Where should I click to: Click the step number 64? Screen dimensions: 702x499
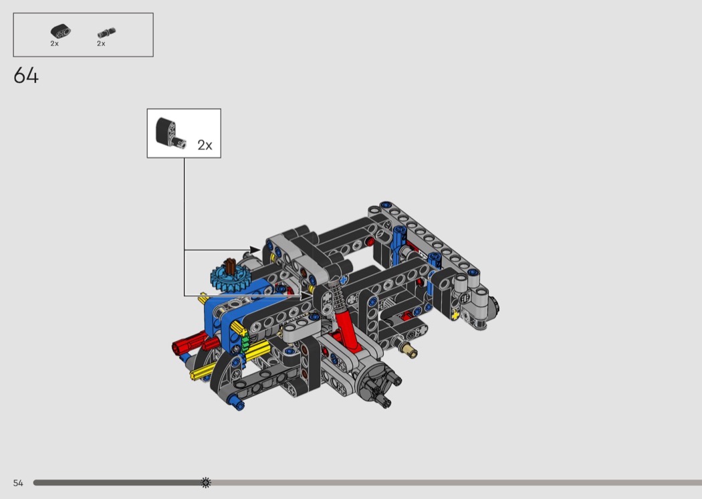[x=26, y=76]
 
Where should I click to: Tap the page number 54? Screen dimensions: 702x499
[x=18, y=483]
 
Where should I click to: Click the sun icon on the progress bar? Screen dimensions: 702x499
[x=206, y=482]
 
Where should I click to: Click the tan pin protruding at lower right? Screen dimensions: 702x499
[x=409, y=350]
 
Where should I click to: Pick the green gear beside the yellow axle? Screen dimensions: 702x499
[x=245, y=342]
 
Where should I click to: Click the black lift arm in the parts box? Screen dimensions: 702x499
[x=60, y=31]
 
